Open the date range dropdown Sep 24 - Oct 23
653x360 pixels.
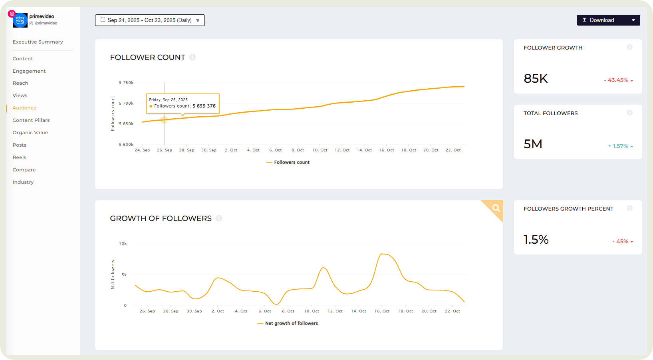(x=150, y=20)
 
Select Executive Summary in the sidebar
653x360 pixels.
(x=38, y=42)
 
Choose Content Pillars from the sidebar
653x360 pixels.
(x=31, y=120)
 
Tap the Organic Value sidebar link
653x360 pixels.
(x=30, y=133)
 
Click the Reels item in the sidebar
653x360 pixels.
(x=19, y=157)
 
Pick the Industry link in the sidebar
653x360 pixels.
(x=23, y=182)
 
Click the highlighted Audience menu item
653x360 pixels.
(x=24, y=108)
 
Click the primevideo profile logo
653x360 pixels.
(x=20, y=20)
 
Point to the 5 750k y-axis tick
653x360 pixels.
(x=126, y=83)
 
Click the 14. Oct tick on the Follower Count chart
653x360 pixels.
(x=364, y=150)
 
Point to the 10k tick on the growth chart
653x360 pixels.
(x=123, y=244)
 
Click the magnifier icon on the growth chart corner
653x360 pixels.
(x=496, y=208)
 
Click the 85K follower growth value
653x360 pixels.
(x=536, y=78)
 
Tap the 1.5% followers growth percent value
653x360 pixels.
(x=536, y=239)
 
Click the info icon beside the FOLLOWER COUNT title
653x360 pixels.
(x=193, y=58)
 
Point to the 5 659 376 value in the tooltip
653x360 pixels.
(x=204, y=106)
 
